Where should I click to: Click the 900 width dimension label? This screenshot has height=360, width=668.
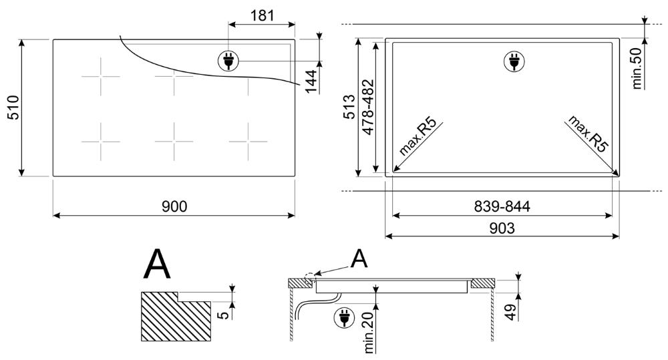[174, 206]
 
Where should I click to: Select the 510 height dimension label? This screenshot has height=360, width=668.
[14, 108]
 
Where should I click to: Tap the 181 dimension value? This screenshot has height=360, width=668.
[262, 16]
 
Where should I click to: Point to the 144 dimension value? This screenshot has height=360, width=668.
[312, 81]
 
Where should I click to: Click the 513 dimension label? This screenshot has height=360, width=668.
[349, 106]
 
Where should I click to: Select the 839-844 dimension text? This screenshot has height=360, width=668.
[502, 206]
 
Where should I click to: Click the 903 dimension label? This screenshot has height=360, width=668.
[502, 228]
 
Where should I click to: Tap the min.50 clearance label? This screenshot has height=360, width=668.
[637, 68]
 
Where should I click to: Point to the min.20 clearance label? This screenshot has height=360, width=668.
[369, 333]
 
